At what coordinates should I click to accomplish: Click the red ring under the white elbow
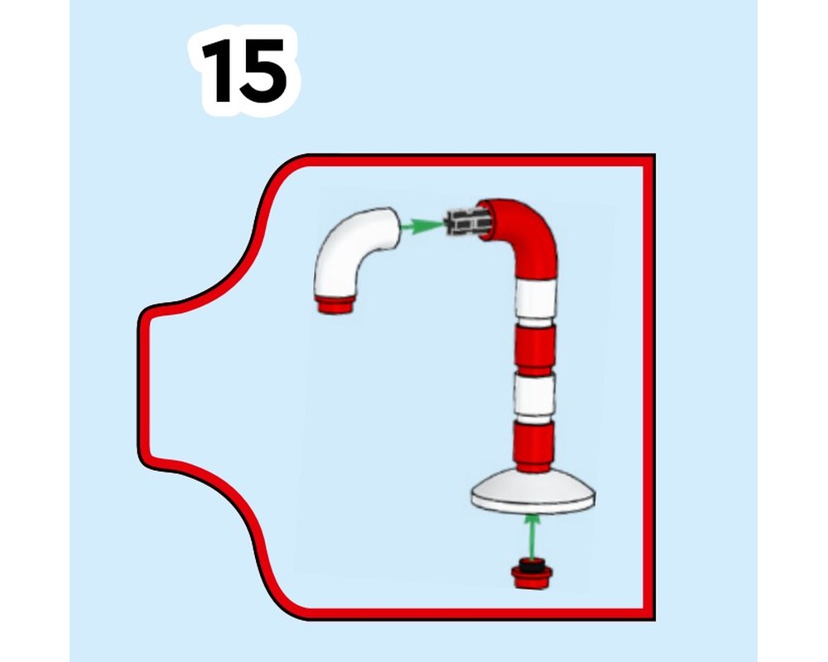[x=337, y=304]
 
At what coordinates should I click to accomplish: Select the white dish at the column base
[x=533, y=492]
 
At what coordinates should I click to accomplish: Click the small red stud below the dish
[x=532, y=575]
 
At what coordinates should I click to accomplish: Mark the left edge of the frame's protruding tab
[x=143, y=385]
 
